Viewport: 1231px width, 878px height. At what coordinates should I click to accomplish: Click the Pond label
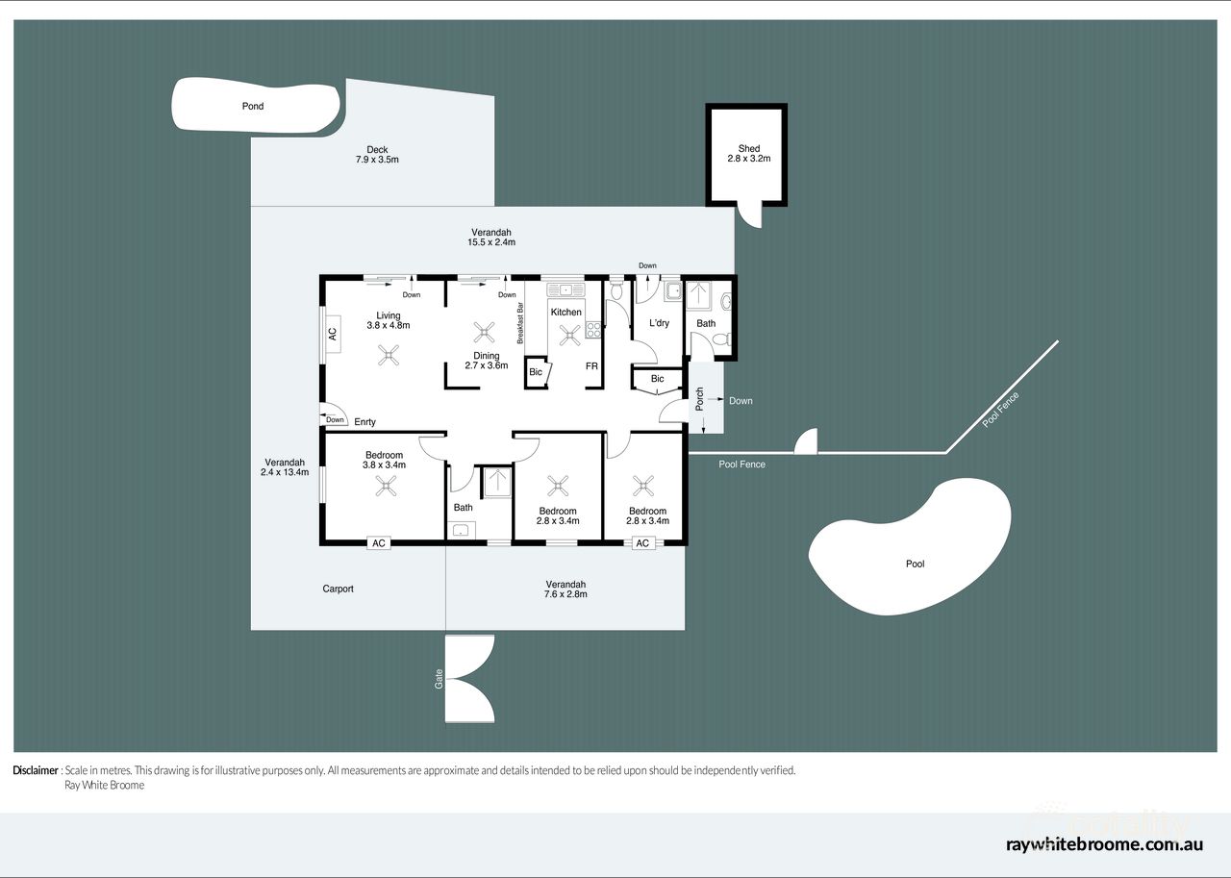[x=252, y=106]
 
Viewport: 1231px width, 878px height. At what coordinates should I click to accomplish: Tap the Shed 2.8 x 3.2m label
[x=748, y=154]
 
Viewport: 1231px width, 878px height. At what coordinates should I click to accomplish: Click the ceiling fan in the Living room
[x=388, y=357]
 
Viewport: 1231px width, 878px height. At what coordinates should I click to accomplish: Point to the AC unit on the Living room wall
[x=333, y=335]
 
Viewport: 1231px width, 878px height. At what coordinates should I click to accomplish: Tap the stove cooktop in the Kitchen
[x=593, y=330]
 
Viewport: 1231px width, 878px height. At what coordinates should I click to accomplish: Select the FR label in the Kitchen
[x=592, y=366]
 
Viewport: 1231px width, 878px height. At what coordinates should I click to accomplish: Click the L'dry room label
[x=659, y=323]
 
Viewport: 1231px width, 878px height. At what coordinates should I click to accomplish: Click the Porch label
[x=699, y=399]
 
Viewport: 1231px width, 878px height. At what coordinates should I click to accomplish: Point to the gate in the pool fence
[x=806, y=442]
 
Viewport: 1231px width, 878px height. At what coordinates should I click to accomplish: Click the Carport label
[x=338, y=589]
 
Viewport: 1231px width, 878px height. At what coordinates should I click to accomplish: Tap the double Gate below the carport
[x=470, y=678]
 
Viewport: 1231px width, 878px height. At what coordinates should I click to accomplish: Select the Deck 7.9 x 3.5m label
[x=377, y=154]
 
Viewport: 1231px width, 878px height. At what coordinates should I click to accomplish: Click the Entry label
[x=364, y=422]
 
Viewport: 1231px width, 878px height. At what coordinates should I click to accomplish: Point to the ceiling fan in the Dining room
[x=483, y=334]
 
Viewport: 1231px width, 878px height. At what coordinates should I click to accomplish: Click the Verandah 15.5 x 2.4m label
[x=490, y=237]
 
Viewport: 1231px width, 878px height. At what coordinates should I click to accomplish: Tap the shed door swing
[x=750, y=215]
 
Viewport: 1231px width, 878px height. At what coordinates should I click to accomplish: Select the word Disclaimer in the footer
[x=36, y=770]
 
